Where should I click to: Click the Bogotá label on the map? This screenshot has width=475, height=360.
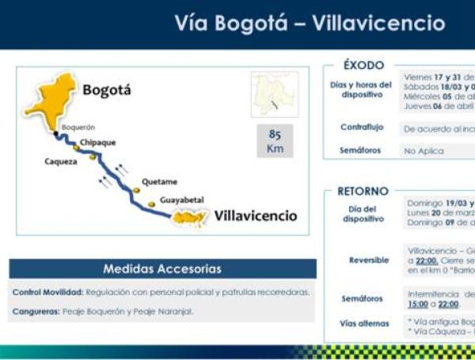107,90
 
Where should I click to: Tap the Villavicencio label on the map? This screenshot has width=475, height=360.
256,215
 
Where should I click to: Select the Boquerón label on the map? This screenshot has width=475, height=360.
78,127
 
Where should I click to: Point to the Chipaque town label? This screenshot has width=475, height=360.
97,142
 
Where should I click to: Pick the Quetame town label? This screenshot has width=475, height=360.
160,182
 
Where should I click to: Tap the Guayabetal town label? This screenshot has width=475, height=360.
183,201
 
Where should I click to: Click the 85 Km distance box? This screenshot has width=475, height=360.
275,141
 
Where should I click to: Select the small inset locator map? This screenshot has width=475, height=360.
275,95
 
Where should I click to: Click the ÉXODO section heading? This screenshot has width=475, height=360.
364,66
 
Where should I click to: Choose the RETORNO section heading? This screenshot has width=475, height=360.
363,191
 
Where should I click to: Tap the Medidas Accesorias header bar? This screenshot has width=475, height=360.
162,269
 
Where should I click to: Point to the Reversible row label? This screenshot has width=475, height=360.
368,260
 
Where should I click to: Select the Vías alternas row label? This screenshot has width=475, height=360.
363,323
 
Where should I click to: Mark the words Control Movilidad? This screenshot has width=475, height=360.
47,292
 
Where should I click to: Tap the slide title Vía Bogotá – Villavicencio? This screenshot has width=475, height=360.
310,24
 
